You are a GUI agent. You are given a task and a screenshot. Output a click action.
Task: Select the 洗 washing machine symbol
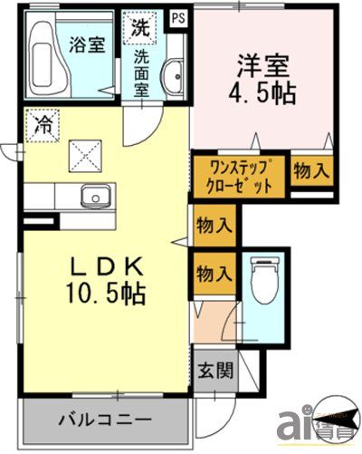tap(141, 26)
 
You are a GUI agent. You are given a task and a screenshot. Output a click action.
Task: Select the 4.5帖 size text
tap(263, 92)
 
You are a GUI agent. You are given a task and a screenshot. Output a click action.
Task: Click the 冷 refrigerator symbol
tap(42, 124)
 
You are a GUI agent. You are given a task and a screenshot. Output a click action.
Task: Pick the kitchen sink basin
tap(92, 197)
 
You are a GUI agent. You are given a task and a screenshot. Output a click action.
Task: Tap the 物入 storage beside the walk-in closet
tap(311, 169)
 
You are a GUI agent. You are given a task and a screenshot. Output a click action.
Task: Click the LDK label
tap(105, 266)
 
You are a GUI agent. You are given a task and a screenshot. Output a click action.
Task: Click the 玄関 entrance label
tap(215, 371)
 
